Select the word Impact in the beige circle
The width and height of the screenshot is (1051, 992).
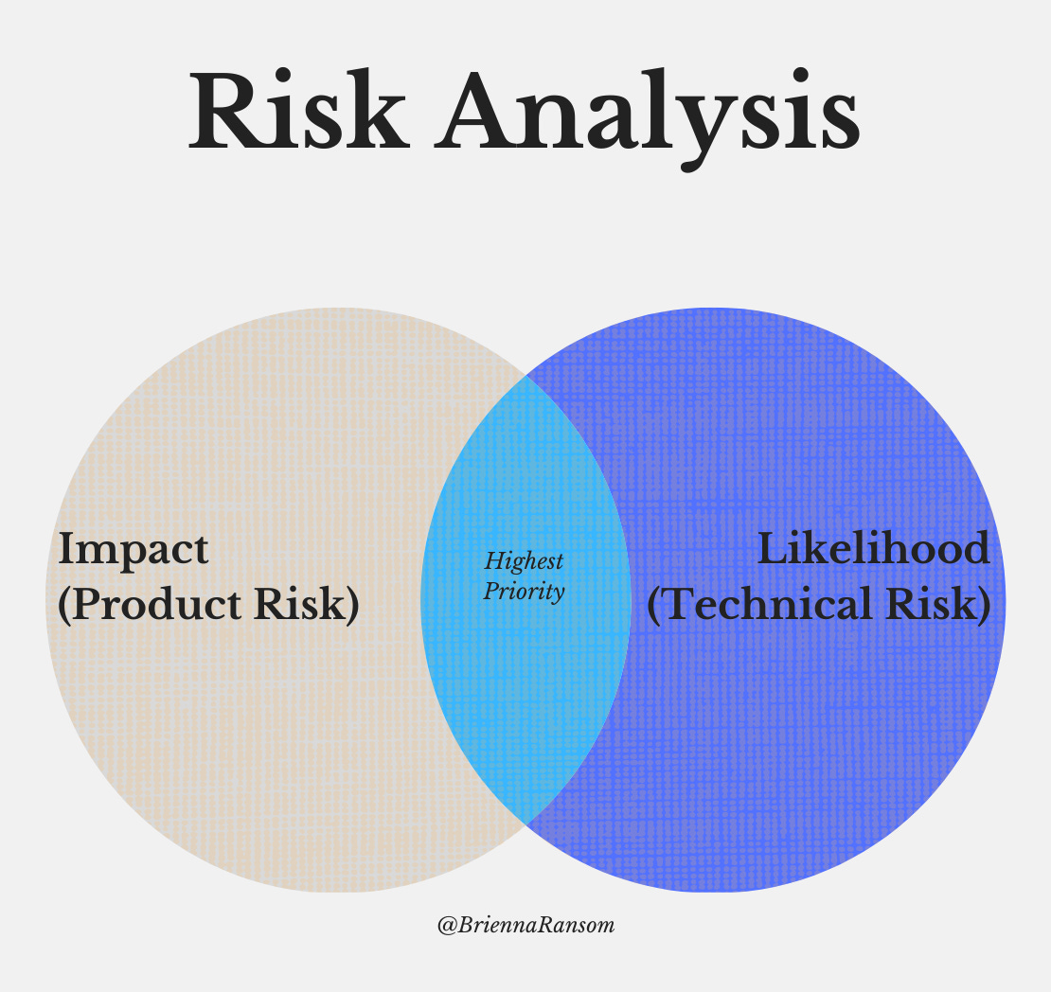(x=133, y=549)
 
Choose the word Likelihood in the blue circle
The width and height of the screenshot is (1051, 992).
(x=873, y=549)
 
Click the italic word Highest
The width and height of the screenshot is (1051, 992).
(x=524, y=561)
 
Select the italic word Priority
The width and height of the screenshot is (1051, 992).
(x=524, y=593)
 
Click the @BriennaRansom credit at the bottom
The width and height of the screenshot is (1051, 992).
(x=525, y=926)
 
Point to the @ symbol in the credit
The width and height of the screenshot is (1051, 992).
(x=444, y=926)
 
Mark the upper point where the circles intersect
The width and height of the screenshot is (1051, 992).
(x=525, y=376)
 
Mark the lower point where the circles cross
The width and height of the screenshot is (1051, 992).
(x=525, y=823)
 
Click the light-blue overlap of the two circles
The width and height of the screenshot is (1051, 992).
(x=525, y=682)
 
